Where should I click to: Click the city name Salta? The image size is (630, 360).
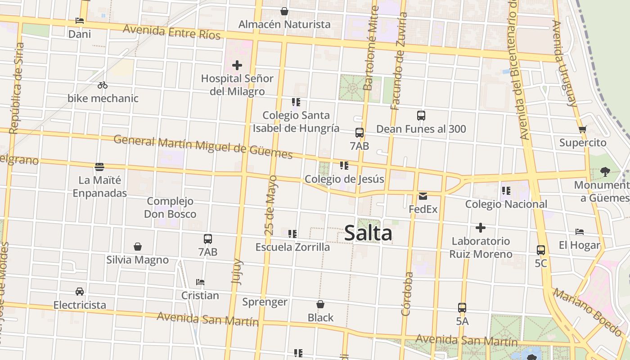tap(368, 233)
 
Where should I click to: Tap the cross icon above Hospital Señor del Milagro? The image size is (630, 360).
tap(237, 66)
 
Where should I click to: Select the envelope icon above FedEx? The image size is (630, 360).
tap(423, 196)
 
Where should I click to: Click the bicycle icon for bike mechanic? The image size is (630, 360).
tap(103, 85)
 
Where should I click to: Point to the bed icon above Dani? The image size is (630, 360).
tap(80, 21)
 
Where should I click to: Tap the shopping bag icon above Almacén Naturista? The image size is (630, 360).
tap(284, 11)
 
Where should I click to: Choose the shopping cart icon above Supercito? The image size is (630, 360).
tap(583, 130)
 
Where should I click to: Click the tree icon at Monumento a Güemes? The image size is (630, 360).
tap(605, 171)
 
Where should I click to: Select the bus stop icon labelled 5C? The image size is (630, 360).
tap(541, 250)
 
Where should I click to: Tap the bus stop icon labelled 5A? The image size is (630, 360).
tap(462, 308)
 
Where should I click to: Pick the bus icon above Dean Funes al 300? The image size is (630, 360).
tap(421, 116)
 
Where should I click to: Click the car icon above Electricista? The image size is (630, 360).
tap(80, 292)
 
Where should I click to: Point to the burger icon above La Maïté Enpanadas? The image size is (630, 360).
tap(100, 167)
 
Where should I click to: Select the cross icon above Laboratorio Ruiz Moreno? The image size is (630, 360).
tap(481, 228)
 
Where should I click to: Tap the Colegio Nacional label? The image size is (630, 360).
tap(506, 204)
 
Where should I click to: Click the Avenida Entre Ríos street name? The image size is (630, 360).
tap(172, 32)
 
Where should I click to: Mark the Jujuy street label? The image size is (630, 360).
tap(237, 271)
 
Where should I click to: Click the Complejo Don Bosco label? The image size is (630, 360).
tap(170, 207)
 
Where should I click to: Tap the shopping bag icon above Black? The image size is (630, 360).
tap(320, 305)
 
